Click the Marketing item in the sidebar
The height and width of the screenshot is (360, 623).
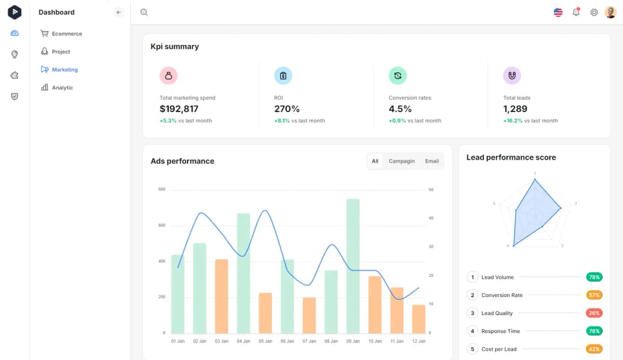(64, 70)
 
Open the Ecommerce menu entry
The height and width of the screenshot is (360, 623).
(66, 34)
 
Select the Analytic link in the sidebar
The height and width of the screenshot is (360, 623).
(62, 88)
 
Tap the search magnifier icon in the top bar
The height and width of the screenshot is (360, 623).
(144, 12)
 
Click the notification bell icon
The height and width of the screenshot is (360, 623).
(576, 12)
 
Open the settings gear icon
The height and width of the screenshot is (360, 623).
(594, 12)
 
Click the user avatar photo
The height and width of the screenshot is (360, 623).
(610, 12)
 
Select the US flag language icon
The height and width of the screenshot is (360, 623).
(558, 12)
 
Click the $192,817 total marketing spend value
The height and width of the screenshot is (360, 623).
(179, 109)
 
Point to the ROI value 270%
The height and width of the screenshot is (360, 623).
(287, 109)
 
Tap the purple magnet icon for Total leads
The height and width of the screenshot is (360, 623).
(512, 76)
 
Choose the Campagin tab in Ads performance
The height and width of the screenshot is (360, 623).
(401, 162)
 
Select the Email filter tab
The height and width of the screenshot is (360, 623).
(431, 162)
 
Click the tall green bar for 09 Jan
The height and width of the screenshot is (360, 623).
(353, 265)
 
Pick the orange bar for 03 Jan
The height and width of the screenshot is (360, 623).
(222, 296)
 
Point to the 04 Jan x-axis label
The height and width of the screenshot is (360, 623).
(243, 342)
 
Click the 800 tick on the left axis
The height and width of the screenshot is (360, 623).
(162, 190)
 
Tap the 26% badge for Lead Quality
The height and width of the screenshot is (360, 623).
(594, 313)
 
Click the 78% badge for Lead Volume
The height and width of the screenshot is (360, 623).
(594, 277)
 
